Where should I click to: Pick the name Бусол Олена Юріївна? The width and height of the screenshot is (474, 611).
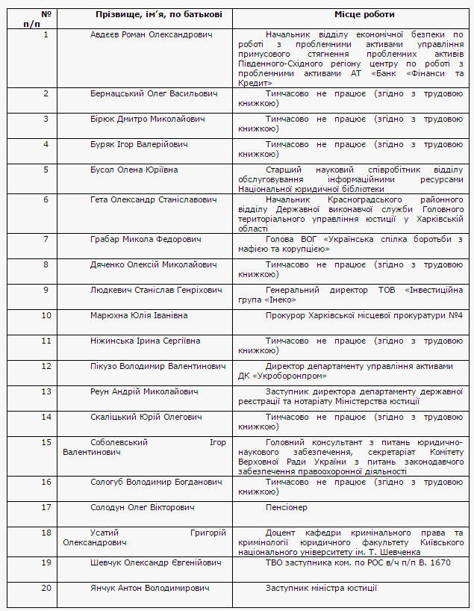pos(134,170)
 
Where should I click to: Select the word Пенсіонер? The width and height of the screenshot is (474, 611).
pos(286,507)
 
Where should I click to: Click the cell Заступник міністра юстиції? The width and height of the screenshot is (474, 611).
pos(321,588)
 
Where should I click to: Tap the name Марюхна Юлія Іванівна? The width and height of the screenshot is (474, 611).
pos(139,315)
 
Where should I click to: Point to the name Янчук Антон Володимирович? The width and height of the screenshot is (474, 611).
pos(149,588)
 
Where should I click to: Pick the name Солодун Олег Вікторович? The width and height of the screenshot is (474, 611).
pos(142,507)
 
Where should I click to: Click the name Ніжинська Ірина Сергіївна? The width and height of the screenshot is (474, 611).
pos(145,341)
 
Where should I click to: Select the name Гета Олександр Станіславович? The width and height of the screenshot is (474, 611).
pos(153,199)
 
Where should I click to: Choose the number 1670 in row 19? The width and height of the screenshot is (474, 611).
pos(439,562)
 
